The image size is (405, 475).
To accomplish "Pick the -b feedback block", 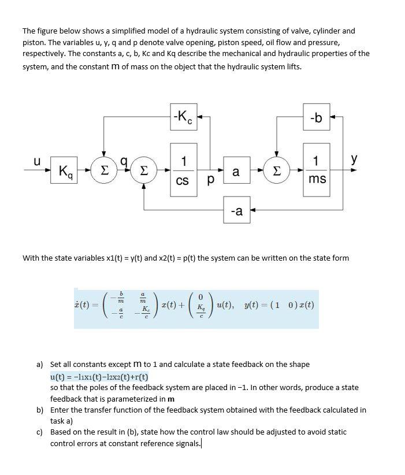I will click(316, 118).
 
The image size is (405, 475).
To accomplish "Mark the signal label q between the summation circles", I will click(123, 164).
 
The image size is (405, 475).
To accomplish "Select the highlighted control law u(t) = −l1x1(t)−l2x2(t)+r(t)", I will click(99, 376).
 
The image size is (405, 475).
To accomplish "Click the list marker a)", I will click(40, 365).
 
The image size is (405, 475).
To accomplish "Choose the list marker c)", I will click(40, 432).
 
